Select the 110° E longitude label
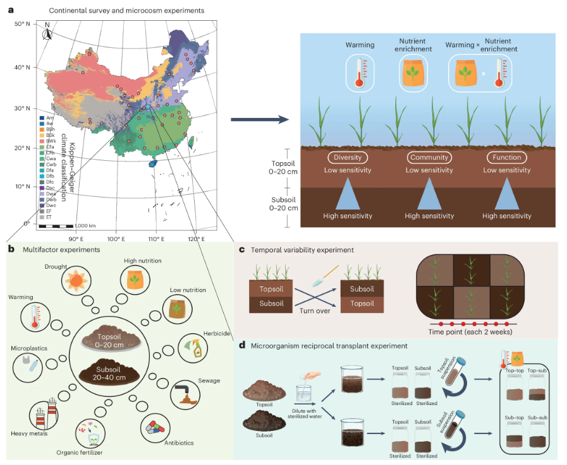[x=155, y=239]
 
